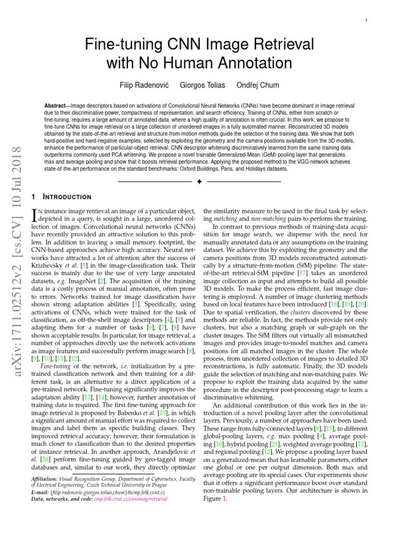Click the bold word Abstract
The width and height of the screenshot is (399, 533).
tap(57, 105)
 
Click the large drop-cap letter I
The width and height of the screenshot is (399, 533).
tap(35, 215)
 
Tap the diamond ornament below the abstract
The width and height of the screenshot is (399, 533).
tap(199, 181)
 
